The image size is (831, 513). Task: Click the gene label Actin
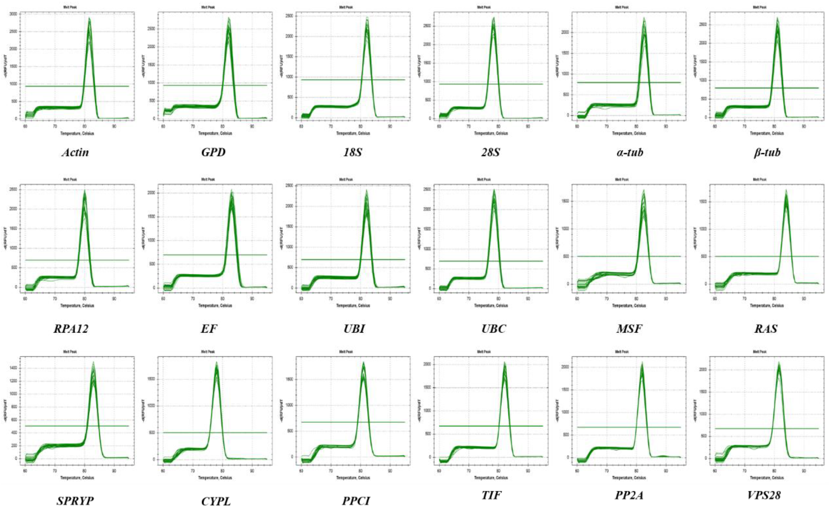coord(75,152)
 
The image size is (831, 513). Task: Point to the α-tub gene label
coord(630,152)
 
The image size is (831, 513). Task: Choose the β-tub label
coord(767,152)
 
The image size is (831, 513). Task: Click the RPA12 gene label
coord(71,328)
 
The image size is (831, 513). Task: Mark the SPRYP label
coord(75,501)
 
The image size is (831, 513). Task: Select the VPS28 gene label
coord(764,495)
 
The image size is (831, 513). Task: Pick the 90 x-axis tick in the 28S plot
coord(528,126)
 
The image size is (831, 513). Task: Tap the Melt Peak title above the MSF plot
coord(622,180)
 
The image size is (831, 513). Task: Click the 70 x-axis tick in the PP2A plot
coord(606,471)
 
